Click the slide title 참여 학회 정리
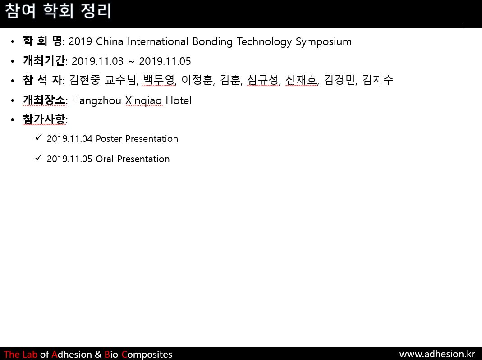[x=58, y=11]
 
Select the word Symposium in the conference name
[x=324, y=42]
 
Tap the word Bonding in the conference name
[x=212, y=42]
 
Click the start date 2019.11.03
[x=97, y=61]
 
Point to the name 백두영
[x=159, y=80]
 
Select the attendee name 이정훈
[x=197, y=80]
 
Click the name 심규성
[x=263, y=80]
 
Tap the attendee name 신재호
[x=301, y=80]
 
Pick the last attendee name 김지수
[x=378, y=80]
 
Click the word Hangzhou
[x=96, y=101]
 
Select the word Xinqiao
[x=143, y=101]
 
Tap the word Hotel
[x=179, y=100]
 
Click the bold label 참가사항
[x=44, y=119]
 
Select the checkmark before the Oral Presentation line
[x=38, y=158]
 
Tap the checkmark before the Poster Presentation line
[x=38, y=137]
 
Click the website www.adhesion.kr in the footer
[x=437, y=354]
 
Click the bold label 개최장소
[x=44, y=100]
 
